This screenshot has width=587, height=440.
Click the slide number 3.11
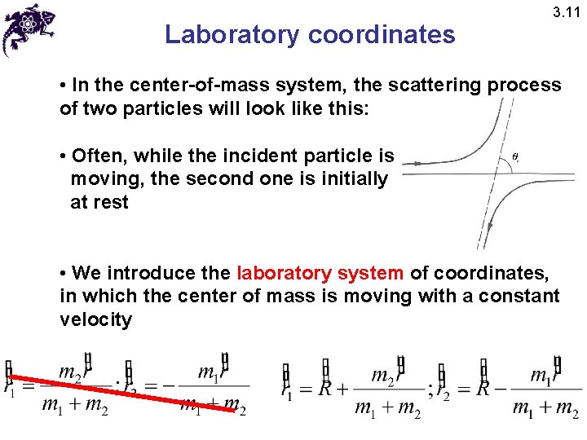566,12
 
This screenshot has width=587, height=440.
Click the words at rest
99,202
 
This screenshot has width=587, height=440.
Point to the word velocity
95,319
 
